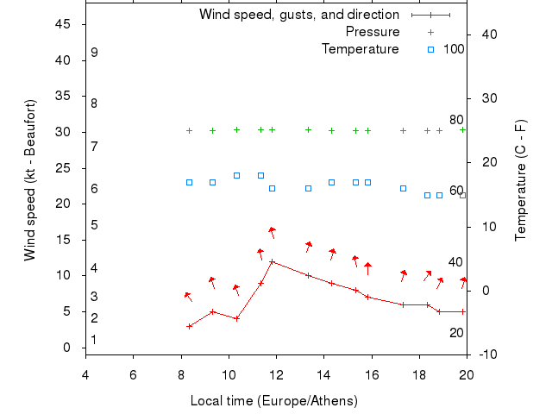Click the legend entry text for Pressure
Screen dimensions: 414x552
tap(373, 32)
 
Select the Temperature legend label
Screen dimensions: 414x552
tap(361, 49)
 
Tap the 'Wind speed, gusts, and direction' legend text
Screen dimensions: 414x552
tap(299, 15)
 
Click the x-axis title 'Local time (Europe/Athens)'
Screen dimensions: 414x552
tap(273, 401)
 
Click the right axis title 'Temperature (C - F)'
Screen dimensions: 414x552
tap(521, 180)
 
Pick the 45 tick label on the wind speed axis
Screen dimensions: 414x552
tap(62, 24)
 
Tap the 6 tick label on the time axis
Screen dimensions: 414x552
tap(133, 374)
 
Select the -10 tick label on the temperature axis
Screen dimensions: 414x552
tap(486, 354)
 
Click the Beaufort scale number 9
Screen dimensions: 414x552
tap(94, 53)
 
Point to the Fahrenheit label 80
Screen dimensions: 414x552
tap(456, 120)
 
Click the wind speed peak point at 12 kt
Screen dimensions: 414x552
tap(273, 261)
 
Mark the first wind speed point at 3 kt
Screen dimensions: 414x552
tap(189, 326)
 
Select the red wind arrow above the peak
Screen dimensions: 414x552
tap(272, 231)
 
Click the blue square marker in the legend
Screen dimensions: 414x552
tap(430, 49)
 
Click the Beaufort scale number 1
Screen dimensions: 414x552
tap(94, 340)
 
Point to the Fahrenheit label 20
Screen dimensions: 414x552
tap(456, 333)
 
